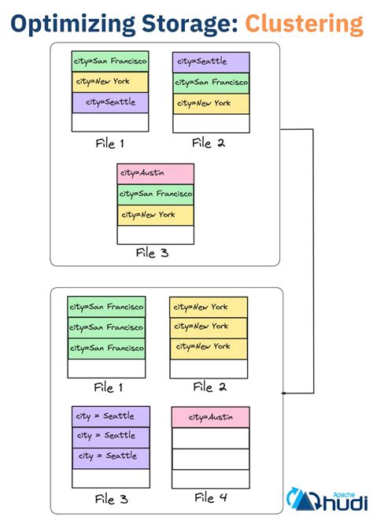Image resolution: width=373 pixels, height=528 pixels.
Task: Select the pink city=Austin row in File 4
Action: point(209,417)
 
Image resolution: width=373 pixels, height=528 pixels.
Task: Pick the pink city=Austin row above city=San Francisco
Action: point(155,174)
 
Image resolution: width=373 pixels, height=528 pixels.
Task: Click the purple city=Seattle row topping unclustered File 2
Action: point(210,62)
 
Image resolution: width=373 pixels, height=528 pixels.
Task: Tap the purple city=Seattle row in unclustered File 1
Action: point(109,102)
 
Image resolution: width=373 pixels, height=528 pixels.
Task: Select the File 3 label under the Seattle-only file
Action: point(113,500)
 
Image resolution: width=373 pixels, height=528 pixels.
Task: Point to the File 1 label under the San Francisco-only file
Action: point(109,387)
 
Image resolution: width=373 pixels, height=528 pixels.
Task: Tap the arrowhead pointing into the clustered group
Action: point(285,393)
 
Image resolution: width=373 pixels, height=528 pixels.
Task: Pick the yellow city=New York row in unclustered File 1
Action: point(109,82)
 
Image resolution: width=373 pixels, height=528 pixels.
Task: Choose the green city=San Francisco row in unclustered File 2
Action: point(210,83)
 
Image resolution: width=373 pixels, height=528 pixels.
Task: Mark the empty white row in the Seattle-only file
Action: point(110,478)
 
